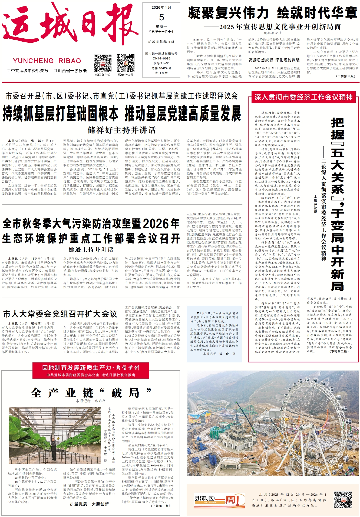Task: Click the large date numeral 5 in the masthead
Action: tap(161, 17)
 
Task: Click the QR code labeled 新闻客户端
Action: tap(103, 63)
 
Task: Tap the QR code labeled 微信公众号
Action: tap(125, 63)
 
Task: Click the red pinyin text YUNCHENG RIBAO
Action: tap(47, 61)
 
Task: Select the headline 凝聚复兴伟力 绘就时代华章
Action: tap(273, 13)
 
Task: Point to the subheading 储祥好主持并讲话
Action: tap(122, 130)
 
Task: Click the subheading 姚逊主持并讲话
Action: tap(91, 249)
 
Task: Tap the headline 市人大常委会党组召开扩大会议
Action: tap(60, 314)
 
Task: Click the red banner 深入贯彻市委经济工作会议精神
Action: tap(303, 97)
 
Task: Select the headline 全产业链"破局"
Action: tap(91, 393)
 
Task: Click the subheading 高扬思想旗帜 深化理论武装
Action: tap(274, 60)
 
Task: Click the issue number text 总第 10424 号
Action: tap(161, 68)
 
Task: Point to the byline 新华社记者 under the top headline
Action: tap(273, 33)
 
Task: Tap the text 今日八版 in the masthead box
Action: tap(161, 73)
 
